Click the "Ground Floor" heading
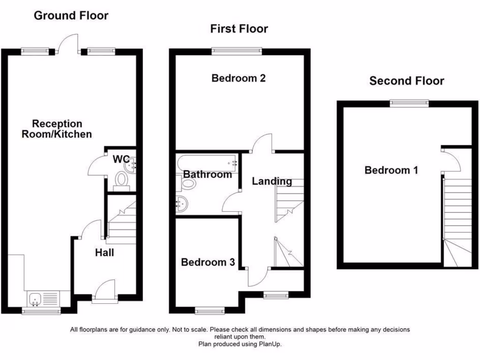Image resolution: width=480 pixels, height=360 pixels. pos(71,15)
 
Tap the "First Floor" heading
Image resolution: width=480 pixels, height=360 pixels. pos(239,29)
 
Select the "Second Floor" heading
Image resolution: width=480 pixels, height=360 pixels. pos(406,81)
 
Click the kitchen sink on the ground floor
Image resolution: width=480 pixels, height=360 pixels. pos(36,298)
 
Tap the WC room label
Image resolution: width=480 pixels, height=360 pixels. pos(120,159)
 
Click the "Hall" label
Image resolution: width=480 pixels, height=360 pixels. pos(104,253)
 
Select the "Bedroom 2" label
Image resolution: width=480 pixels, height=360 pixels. pos(239,78)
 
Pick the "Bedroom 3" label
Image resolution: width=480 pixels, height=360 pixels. pos(208,262)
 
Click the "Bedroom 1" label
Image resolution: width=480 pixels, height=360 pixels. pos(391,170)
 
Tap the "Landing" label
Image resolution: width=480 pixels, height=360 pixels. pos(272,181)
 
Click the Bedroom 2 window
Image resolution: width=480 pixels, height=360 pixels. pos(237,51)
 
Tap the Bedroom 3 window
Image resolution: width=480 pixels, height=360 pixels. pos(209,310)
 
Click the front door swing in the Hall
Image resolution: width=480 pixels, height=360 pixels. pos(106,288)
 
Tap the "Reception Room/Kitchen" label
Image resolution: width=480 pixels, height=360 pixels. pos(57,129)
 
